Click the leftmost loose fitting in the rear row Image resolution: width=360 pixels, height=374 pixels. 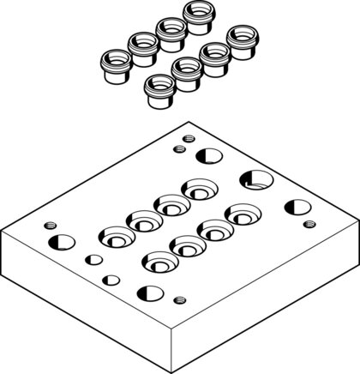click(x=114, y=63)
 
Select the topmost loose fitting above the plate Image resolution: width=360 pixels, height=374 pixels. click(x=199, y=15)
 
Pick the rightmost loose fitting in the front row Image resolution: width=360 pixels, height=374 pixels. click(x=242, y=40)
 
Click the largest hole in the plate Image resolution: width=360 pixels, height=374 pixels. click(x=255, y=180)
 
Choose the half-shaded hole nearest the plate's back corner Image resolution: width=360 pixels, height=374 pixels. click(x=207, y=155)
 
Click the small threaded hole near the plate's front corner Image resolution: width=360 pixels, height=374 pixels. click(x=178, y=299)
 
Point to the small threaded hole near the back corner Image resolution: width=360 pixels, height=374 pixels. click(x=178, y=149)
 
